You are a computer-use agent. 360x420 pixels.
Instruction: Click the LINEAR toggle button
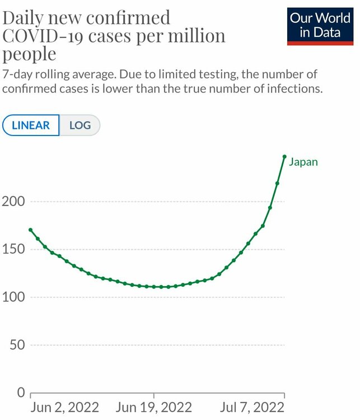[31, 125]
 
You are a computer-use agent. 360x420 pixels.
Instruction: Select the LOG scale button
[80, 125]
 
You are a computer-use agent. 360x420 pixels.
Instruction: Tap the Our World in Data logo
[320, 25]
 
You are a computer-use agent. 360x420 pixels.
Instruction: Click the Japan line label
[303, 162]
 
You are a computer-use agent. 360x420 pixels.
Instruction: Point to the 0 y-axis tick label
[20, 392]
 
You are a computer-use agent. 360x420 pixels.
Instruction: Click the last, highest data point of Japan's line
[284, 156]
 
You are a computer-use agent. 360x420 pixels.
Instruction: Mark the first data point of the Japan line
[30, 230]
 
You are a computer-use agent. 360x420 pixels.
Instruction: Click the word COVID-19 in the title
[40, 36]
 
